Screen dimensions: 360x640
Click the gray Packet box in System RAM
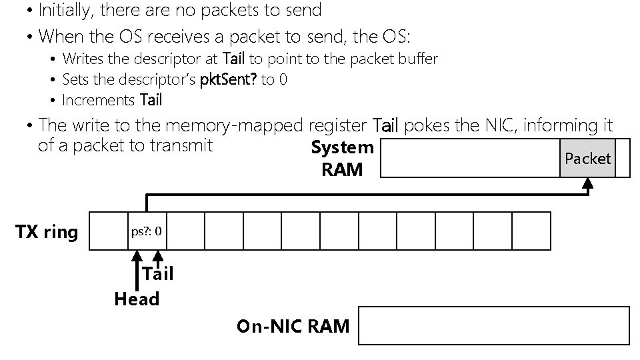pyautogui.click(x=587, y=158)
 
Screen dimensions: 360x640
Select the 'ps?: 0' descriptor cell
pyautogui.click(x=147, y=231)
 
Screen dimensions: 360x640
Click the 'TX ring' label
pyautogui.click(x=46, y=233)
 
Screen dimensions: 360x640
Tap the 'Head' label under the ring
pyautogui.click(x=137, y=299)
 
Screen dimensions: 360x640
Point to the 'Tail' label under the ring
pyautogui.click(x=158, y=274)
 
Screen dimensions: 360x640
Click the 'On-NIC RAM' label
pyautogui.click(x=293, y=326)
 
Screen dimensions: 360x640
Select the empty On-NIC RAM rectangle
pyautogui.click(x=494, y=325)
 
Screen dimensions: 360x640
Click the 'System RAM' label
pyautogui.click(x=342, y=159)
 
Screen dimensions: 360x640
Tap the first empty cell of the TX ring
pyautogui.click(x=108, y=231)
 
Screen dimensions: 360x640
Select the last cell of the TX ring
pyautogui.click(x=531, y=231)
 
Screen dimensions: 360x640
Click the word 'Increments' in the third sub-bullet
pyautogui.click(x=99, y=101)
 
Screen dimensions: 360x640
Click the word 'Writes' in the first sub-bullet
pyautogui.click(x=83, y=59)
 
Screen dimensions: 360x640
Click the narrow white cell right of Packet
pyautogui.click(x=622, y=158)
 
